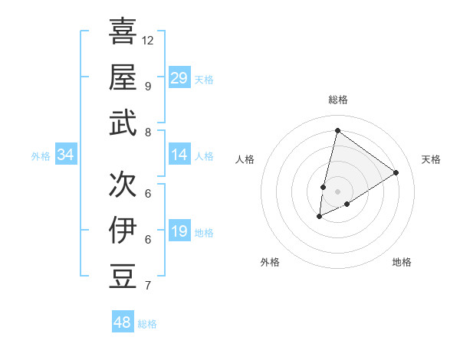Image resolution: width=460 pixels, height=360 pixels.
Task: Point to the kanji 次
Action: coord(123,183)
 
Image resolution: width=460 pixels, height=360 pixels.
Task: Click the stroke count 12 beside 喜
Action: coord(148,40)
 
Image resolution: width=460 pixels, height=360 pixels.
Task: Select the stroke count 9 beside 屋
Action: coord(147,86)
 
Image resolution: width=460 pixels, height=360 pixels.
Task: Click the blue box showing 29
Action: coord(179,78)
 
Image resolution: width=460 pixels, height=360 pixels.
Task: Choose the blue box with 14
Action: coord(179,155)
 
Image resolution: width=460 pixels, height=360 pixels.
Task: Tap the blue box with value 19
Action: coord(179,232)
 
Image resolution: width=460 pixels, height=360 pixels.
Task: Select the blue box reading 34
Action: coord(66,155)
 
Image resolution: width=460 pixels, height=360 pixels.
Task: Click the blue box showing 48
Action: coord(123,322)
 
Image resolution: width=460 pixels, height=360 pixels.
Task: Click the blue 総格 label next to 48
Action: coord(147,324)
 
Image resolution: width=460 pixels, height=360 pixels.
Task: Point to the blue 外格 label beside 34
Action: coord(41,156)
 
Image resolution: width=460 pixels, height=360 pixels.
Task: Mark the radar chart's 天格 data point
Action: coord(396,172)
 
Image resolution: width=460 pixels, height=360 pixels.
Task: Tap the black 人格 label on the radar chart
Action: coord(245,159)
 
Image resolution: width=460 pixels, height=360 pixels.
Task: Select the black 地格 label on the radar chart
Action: coord(402,262)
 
